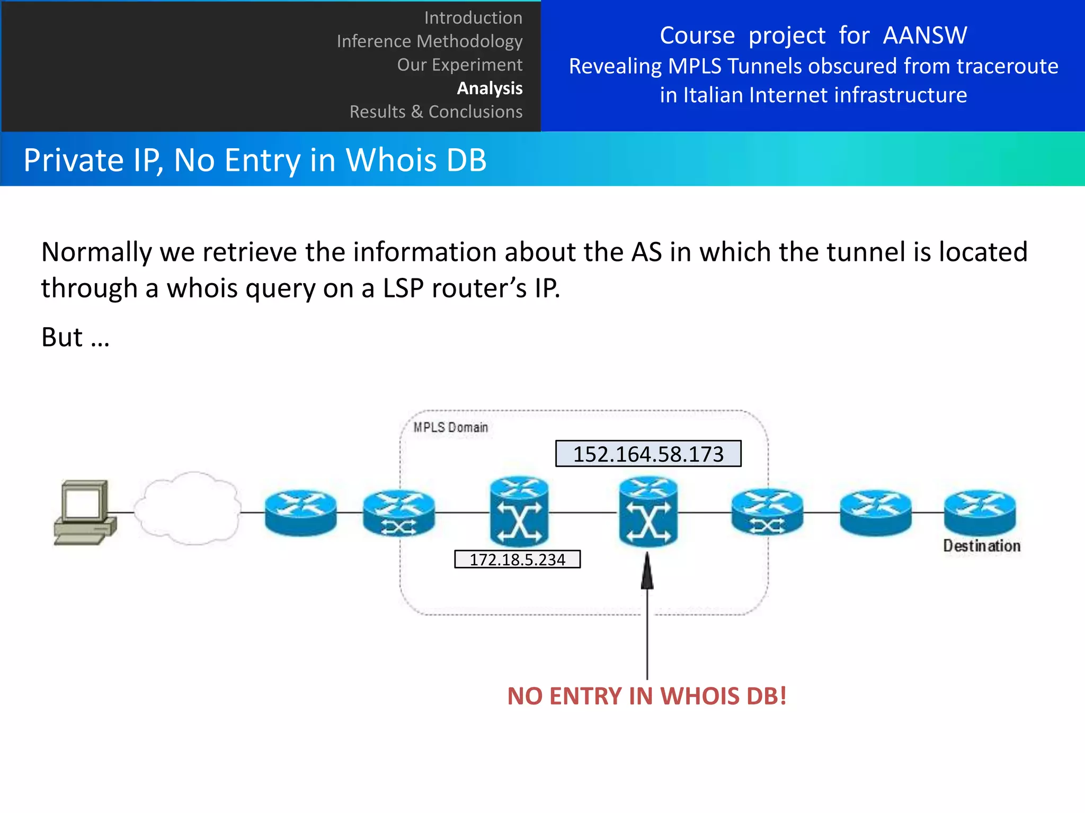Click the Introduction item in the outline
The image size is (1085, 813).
pos(473,18)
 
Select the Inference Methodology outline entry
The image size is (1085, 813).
pos(429,41)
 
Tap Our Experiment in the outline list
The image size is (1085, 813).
pos(459,65)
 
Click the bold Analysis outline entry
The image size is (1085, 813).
pos(490,88)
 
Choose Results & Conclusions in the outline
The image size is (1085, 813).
pos(435,112)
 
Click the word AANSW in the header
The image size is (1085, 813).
pos(924,35)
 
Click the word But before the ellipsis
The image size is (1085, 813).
pos(62,337)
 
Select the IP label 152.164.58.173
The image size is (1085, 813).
pos(648,454)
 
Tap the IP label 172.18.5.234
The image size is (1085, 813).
pos(517,559)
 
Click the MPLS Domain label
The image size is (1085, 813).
pos(450,427)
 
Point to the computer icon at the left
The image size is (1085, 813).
pos(85,512)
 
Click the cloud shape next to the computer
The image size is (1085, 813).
pos(187,508)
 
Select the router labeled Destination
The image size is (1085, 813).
pos(980,512)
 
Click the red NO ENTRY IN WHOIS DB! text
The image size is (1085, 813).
pos(646,696)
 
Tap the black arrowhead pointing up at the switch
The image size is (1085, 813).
pos(647,572)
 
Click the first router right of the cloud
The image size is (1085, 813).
pos(300,512)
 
